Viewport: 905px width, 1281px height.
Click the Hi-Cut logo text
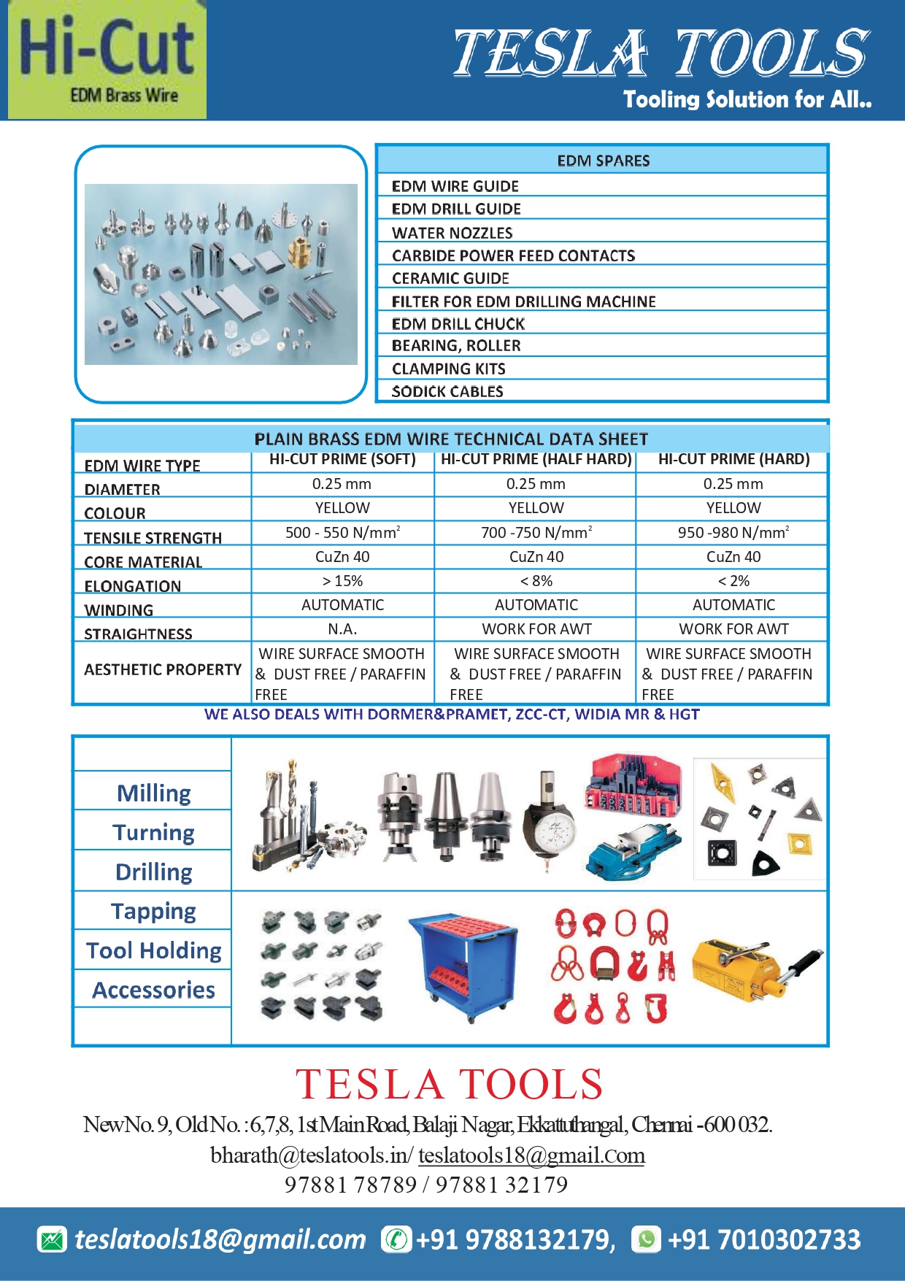(107, 47)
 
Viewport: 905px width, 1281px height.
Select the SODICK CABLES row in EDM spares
(447, 391)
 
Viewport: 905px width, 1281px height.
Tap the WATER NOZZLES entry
(452, 233)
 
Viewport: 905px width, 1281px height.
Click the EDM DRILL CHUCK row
(458, 323)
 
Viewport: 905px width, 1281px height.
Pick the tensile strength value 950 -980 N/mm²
(733, 533)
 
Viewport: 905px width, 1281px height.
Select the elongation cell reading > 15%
(342, 581)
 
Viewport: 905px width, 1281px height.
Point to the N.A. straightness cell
(342, 629)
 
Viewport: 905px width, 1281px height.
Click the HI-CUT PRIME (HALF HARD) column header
(536, 459)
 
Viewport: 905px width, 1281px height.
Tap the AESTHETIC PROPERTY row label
(163, 669)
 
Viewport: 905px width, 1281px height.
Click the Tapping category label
(153, 911)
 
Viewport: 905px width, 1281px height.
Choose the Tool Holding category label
(153, 950)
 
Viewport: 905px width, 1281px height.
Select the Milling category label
(153, 793)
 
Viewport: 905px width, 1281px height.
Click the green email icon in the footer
(52, 1239)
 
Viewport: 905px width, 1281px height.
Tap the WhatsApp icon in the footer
(647, 1239)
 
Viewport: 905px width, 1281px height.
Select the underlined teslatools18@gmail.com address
(531, 1155)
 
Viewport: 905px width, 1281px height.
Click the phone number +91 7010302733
(764, 1239)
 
